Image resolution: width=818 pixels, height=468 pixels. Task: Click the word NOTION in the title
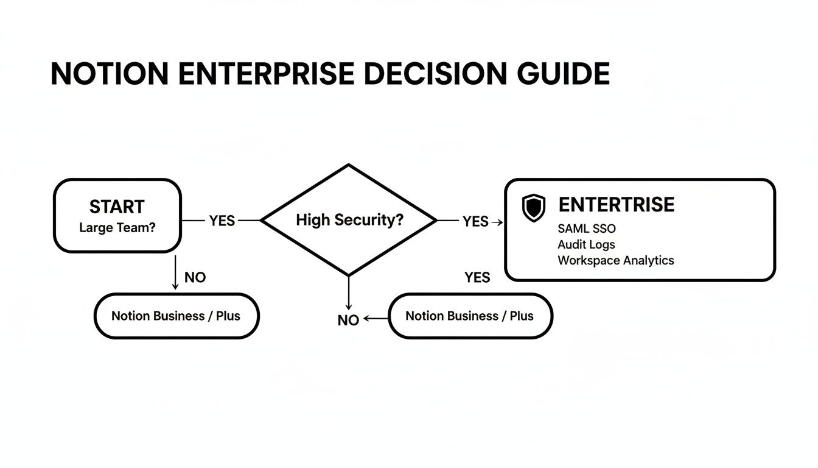110,74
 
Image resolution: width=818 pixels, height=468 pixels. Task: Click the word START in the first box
117,207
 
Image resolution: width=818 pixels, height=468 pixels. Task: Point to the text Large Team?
117,228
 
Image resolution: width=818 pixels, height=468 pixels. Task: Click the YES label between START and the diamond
222,221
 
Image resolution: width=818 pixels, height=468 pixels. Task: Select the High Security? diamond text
349,220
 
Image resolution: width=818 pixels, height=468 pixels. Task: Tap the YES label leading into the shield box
475,222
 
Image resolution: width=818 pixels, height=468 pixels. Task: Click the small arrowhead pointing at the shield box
500,222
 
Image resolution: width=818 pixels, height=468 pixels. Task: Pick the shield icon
534,208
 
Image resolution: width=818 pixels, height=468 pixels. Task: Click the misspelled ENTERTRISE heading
616,205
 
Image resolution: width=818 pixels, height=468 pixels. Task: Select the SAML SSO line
586,229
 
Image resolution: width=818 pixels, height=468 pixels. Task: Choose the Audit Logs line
586,244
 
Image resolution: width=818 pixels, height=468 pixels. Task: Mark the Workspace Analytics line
615,260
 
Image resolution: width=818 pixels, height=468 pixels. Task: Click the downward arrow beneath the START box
175,272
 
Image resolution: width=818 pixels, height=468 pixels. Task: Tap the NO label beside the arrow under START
195,277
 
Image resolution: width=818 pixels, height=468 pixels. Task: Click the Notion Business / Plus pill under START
176,316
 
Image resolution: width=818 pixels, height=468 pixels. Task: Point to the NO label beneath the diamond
348,320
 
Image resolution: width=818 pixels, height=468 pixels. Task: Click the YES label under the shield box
477,277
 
